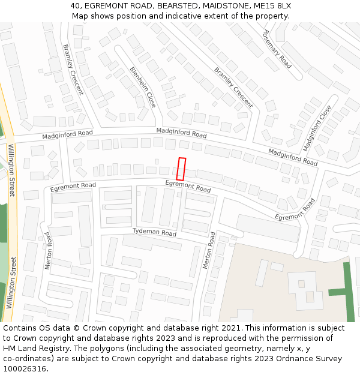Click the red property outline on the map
(181, 169)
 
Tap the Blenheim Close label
(143, 88)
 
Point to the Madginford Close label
(317, 128)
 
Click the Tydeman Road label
(154, 232)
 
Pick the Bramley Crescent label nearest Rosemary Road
(234, 88)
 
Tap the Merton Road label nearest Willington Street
(48, 250)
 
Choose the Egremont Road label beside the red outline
(188, 186)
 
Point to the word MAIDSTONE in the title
(226, 6)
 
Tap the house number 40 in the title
(75, 6)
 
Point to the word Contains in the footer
(20, 328)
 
